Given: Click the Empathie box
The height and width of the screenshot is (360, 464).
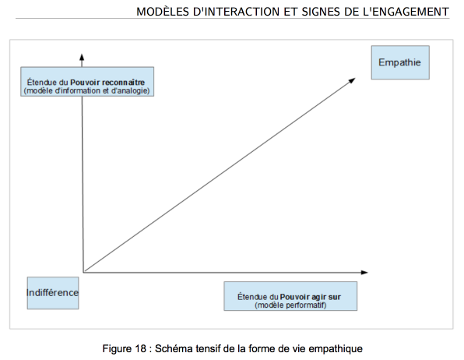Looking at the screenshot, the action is pos(400,62).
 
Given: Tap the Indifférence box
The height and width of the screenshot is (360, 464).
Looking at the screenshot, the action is pos(53,293).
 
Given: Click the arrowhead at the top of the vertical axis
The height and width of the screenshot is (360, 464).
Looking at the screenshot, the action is pos(82,57).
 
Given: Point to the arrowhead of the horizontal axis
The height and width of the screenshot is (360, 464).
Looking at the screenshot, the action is pos(364,272).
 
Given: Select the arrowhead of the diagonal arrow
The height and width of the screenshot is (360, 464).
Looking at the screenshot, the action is pos(352,80).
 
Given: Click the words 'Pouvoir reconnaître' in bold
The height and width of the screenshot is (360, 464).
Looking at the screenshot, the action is pos(107,83).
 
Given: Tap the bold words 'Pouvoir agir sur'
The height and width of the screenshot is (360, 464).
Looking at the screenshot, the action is pos(311,297).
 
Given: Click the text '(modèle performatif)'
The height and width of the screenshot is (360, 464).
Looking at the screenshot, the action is pos(290,305).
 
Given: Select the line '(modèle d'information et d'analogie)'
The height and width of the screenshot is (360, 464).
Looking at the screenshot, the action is pos(86,90).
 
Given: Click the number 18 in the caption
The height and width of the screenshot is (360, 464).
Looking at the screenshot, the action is pos(141,348).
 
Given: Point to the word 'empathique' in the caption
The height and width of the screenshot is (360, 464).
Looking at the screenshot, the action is pos(336,349).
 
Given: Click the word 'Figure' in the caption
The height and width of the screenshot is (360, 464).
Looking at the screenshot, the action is pos(118,349).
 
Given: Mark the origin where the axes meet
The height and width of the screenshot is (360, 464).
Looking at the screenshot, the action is pos(84,272).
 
